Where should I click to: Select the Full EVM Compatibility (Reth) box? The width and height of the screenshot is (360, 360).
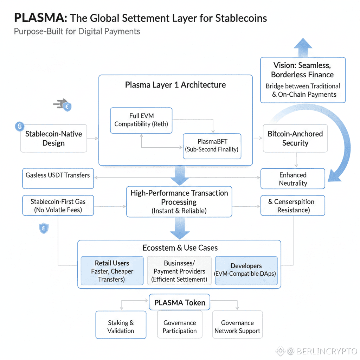click(141, 120)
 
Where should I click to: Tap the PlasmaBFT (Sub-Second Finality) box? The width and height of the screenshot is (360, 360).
click(212, 146)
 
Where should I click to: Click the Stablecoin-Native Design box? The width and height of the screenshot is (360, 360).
click(53, 139)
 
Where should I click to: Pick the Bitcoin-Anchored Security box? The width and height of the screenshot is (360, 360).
click(295, 139)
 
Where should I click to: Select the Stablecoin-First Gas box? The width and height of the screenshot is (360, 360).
click(58, 206)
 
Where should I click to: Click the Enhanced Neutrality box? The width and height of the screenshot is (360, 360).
click(292, 179)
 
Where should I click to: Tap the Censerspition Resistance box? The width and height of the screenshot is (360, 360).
click(292, 206)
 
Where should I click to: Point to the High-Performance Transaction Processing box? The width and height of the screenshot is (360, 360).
click(179, 202)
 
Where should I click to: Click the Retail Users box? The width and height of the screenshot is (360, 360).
click(112, 271)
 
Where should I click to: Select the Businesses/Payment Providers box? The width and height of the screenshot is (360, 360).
click(179, 271)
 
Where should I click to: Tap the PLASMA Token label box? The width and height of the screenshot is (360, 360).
click(180, 303)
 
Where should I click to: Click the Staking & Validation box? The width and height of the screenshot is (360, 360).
click(121, 327)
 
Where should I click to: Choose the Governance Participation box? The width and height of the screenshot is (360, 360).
click(179, 327)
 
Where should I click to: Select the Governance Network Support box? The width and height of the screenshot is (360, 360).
click(237, 327)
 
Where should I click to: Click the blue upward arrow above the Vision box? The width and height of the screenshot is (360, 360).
click(303, 47)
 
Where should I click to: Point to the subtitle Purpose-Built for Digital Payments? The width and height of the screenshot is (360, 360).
click(77, 31)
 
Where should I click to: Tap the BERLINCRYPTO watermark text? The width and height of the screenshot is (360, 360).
click(326, 351)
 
